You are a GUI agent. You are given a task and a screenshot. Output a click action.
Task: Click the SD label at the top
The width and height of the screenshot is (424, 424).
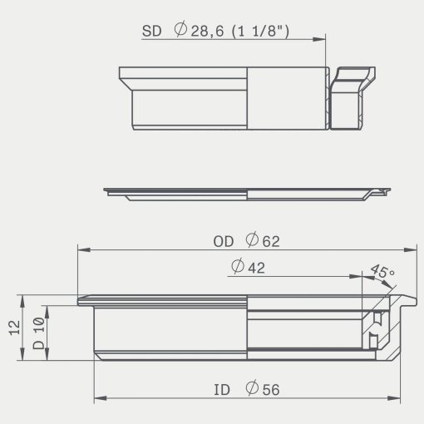tap(151, 31)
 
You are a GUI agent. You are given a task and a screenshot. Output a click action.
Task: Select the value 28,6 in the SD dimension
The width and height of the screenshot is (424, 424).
tap(207, 32)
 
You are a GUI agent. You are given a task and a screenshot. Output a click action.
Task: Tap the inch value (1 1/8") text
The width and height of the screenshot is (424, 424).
tap(260, 31)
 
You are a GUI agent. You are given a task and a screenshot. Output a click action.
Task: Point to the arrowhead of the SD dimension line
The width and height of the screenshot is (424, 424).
tap(318, 39)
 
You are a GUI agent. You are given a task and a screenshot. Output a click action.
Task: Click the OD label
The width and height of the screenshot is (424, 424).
tap(224, 242)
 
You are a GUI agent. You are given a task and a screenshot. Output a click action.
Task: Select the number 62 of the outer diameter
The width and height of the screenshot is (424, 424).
tap(271, 242)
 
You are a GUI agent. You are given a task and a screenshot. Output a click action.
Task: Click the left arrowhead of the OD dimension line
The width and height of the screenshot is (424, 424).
tap(84, 249)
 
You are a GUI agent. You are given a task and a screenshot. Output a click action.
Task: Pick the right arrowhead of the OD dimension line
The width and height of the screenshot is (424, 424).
tap(410, 249)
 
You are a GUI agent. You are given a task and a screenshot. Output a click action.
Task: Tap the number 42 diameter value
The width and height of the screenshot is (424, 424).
tap(256, 268)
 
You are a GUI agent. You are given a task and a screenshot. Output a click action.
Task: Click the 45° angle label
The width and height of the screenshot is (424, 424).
tap(382, 271)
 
